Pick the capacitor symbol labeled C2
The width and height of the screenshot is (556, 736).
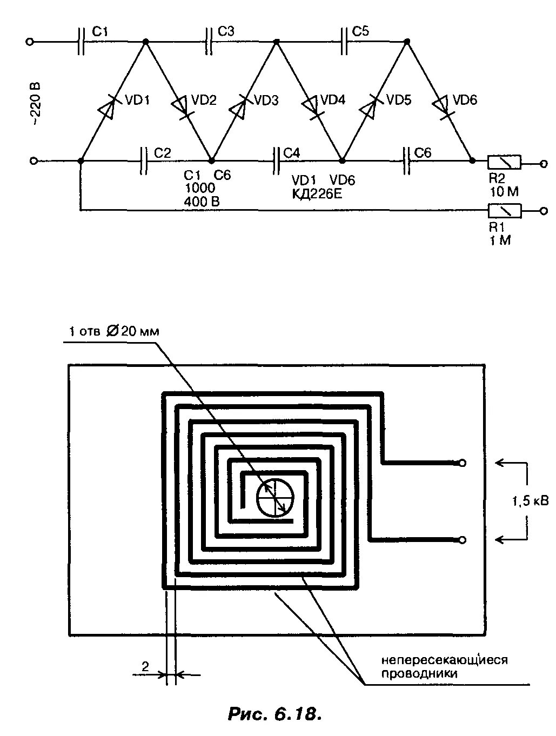click(x=143, y=160)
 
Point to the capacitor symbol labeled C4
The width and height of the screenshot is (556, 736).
click(x=276, y=160)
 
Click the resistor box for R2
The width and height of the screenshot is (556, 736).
click(x=504, y=162)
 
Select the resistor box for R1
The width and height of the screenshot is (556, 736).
click(x=504, y=211)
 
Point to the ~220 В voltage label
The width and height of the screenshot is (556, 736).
click(x=35, y=104)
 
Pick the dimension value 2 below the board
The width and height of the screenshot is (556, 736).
click(x=145, y=667)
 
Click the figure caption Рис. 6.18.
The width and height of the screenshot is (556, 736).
click(x=275, y=714)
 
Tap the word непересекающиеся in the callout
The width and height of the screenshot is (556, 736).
click(x=445, y=660)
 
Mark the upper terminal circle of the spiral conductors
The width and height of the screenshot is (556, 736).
click(x=462, y=463)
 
